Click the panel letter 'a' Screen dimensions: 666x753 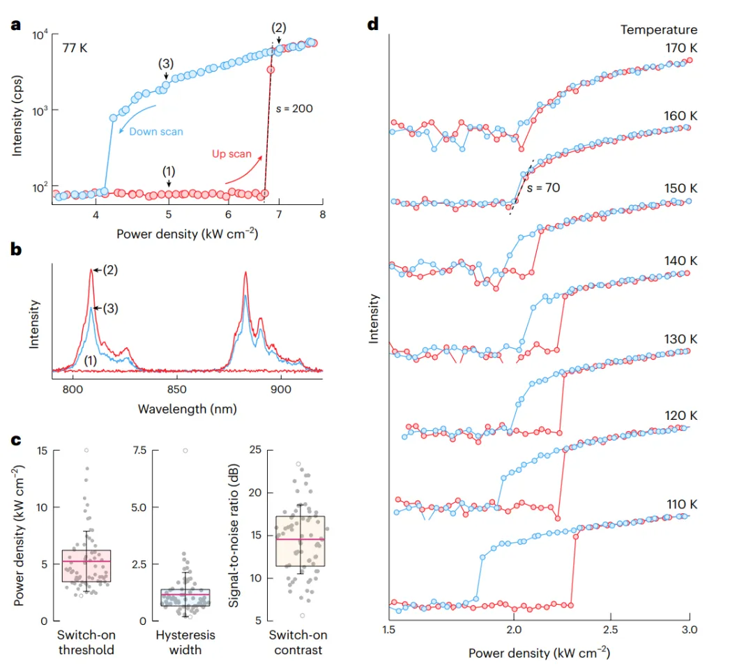[x=15, y=26]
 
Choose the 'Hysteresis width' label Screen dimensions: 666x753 [x=185, y=642]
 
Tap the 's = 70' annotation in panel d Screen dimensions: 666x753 [x=543, y=188]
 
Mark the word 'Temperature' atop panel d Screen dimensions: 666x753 [x=659, y=29]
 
